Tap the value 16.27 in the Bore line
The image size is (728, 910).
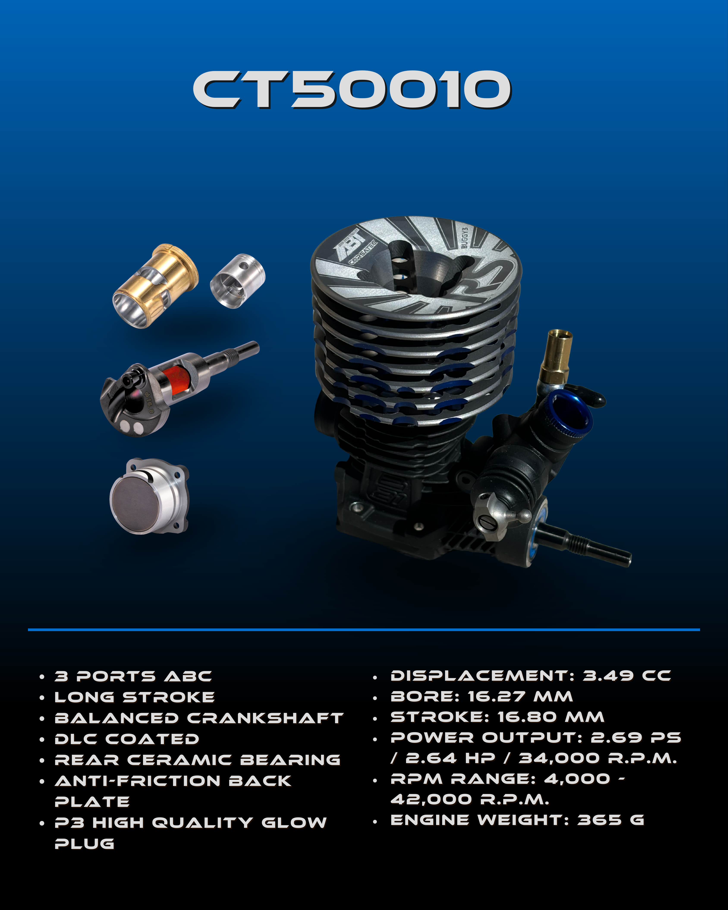497,696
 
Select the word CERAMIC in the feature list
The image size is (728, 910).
179,760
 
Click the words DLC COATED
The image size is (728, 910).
127,739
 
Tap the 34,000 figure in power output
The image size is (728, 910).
558,758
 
